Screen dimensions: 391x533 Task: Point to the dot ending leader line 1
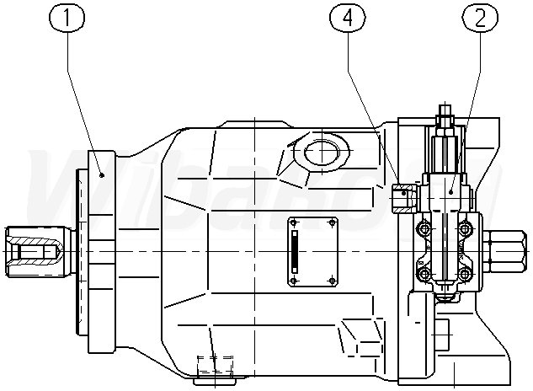101,174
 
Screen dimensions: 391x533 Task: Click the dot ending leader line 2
452,192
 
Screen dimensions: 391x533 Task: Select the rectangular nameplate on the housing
313,252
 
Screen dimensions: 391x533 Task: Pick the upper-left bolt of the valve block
424,228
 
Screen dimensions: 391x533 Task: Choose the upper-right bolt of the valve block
464,228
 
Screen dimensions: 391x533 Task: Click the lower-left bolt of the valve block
424,275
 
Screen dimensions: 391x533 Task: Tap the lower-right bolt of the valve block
464,275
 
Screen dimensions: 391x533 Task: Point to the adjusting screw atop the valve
445,115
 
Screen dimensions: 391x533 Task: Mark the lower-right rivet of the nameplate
333,281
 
